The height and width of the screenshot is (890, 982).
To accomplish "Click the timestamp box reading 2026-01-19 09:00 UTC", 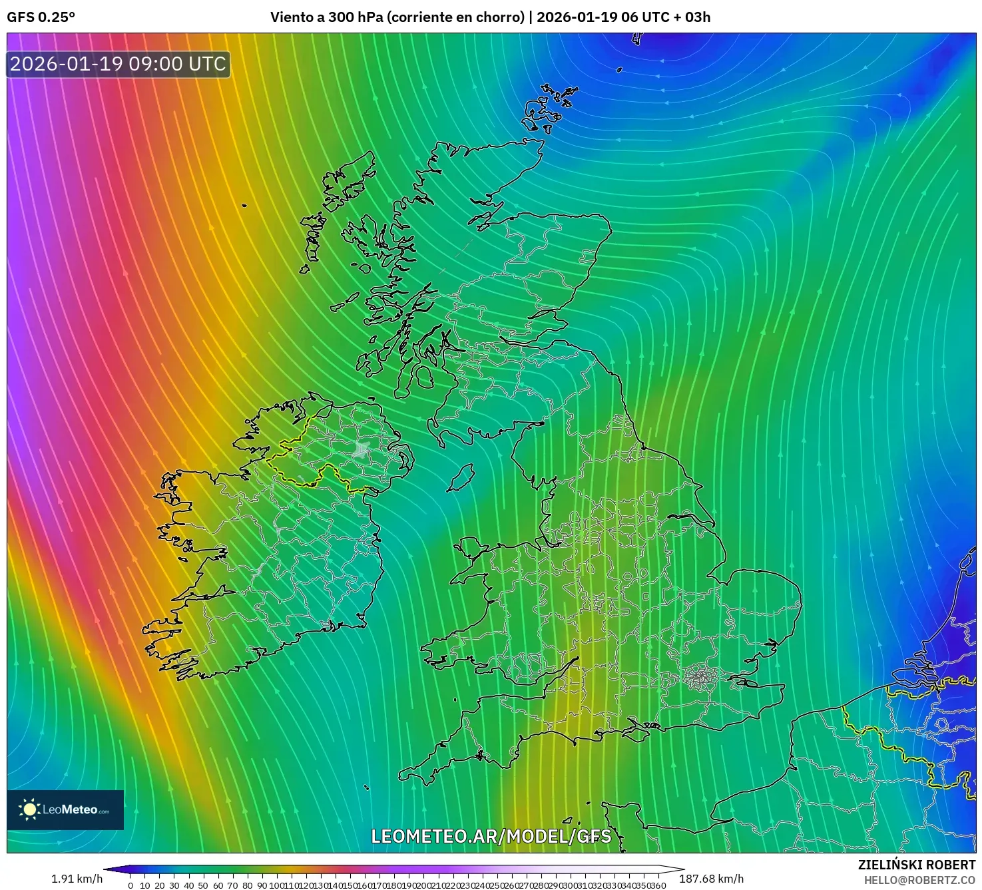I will [x=119, y=64].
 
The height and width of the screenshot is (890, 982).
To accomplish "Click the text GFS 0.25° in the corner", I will [x=41, y=17].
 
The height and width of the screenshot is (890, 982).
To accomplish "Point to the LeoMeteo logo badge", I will [x=65, y=809].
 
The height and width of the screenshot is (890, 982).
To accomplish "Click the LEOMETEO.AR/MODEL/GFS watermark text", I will [x=491, y=836].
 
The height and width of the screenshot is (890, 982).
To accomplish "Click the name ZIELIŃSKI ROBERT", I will [x=916, y=865].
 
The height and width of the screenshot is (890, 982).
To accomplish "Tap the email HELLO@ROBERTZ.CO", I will [x=919, y=880].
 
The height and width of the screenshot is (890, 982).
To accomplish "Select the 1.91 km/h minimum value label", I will [x=77, y=879].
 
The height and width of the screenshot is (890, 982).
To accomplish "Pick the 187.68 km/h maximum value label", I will [x=711, y=879].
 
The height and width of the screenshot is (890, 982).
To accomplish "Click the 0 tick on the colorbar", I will [x=130, y=885].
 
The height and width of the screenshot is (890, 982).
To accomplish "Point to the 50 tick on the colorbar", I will [x=203, y=885].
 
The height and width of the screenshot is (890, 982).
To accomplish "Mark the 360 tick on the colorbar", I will [x=658, y=885].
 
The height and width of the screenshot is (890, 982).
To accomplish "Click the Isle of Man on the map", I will [x=460, y=478].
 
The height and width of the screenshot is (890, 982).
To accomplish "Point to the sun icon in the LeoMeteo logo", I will [x=30, y=809].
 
